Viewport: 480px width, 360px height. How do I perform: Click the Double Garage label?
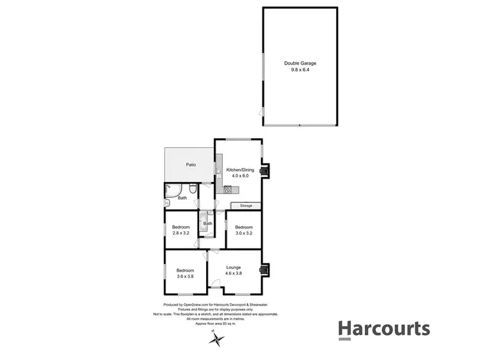pos(300,63)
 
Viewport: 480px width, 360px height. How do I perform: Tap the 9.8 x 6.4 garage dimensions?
pos(300,70)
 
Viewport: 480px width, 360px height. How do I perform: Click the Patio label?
pos(191,165)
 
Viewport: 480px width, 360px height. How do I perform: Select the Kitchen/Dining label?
pos(241,170)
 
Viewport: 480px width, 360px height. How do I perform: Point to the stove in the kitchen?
pos(227,189)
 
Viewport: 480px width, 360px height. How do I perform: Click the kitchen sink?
pos(219,172)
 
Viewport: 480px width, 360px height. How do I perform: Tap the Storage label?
pos(246,206)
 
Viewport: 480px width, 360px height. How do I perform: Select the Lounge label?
pos(232,267)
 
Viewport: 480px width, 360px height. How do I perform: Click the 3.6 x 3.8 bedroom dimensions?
pos(184,277)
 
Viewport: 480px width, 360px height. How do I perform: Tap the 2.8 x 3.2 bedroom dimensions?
pos(181,233)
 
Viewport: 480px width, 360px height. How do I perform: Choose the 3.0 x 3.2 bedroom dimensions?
pos(244,233)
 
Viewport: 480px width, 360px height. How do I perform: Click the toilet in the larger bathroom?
pos(192,189)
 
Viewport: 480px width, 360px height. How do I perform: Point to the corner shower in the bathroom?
pos(172,190)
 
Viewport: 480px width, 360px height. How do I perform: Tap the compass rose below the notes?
pos(216,340)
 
